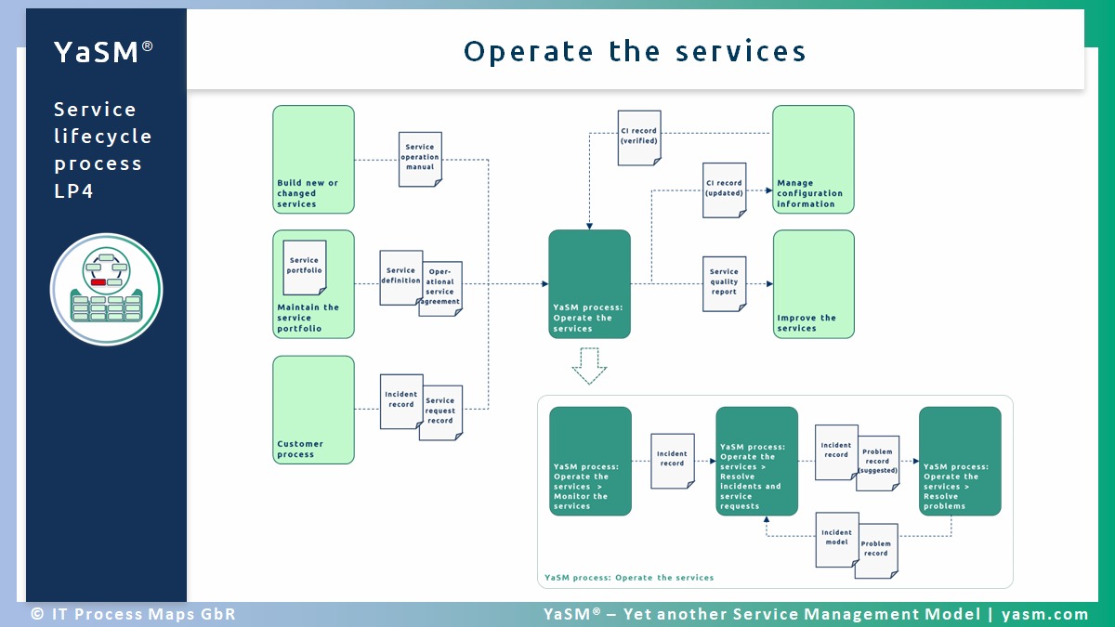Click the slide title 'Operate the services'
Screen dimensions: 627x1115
pyautogui.click(x=635, y=51)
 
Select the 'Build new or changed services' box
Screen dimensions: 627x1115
pyautogui.click(x=313, y=159)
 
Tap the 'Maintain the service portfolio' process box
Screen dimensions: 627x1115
pyautogui.click(x=313, y=284)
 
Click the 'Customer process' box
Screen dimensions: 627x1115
pyautogui.click(x=313, y=410)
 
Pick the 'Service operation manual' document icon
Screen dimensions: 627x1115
pyautogui.click(x=420, y=159)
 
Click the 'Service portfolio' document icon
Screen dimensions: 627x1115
pyautogui.click(x=305, y=268)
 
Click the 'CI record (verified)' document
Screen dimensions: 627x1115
pyautogui.click(x=639, y=138)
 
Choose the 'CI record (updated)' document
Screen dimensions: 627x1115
pyautogui.click(x=724, y=190)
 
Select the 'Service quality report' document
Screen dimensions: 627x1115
pyautogui.click(x=724, y=283)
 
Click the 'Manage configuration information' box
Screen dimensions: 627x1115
pyautogui.click(x=813, y=159)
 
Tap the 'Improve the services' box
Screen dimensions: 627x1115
pyautogui.click(x=813, y=284)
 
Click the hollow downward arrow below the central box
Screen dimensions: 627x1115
pyautogui.click(x=589, y=366)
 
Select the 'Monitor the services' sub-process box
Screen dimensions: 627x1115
pyautogui.click(x=590, y=461)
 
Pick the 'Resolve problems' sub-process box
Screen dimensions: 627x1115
pyautogui.click(x=960, y=461)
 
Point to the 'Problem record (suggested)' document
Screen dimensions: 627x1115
pyautogui.click(x=878, y=463)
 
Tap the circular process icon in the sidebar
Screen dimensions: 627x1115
pyautogui.click(x=107, y=289)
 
